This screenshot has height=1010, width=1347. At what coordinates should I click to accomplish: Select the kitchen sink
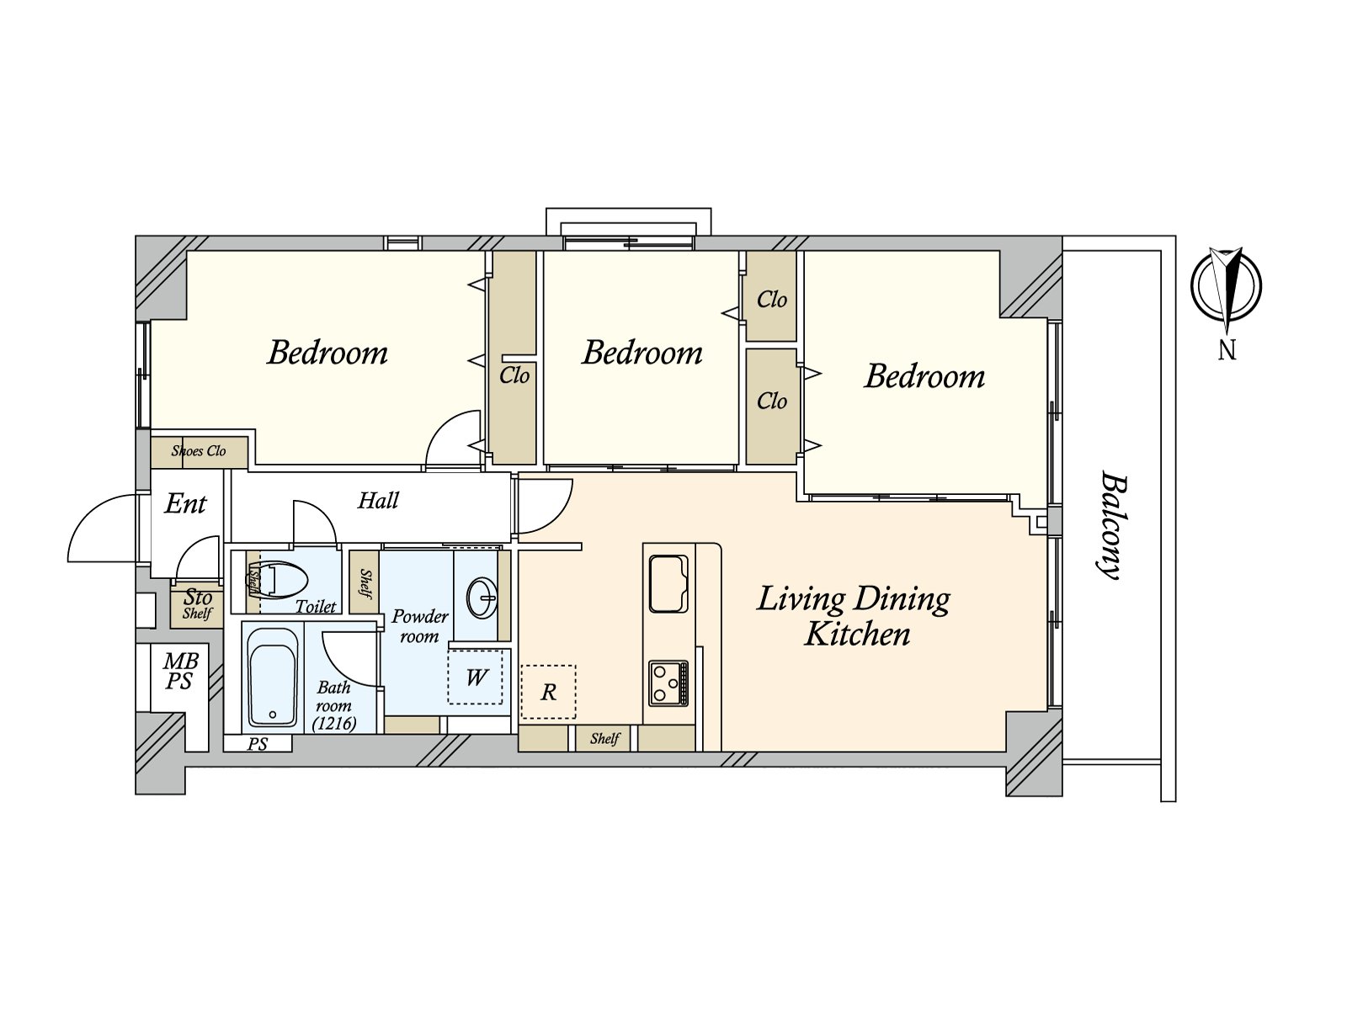click(668, 583)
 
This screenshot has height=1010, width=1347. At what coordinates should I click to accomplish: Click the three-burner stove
click(668, 683)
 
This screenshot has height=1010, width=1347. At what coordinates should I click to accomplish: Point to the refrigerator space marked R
click(548, 692)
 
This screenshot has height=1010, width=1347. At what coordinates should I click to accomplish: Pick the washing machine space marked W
click(476, 677)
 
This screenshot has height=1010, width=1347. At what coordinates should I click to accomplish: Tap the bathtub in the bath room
click(273, 677)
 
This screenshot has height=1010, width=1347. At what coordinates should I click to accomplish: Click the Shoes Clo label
click(198, 451)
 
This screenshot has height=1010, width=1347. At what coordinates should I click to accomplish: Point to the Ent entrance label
click(185, 503)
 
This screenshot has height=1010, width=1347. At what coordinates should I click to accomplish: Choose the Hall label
click(378, 501)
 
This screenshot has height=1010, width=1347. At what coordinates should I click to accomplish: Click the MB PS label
click(180, 671)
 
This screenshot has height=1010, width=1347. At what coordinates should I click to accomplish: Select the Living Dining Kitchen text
click(854, 616)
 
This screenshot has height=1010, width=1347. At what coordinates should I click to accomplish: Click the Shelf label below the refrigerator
click(604, 738)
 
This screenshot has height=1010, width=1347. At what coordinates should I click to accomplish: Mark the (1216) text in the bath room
click(334, 724)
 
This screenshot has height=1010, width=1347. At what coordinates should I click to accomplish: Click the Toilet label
click(316, 607)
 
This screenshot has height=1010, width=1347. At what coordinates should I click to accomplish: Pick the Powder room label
click(420, 625)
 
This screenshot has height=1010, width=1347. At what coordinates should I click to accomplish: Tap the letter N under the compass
click(1227, 350)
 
